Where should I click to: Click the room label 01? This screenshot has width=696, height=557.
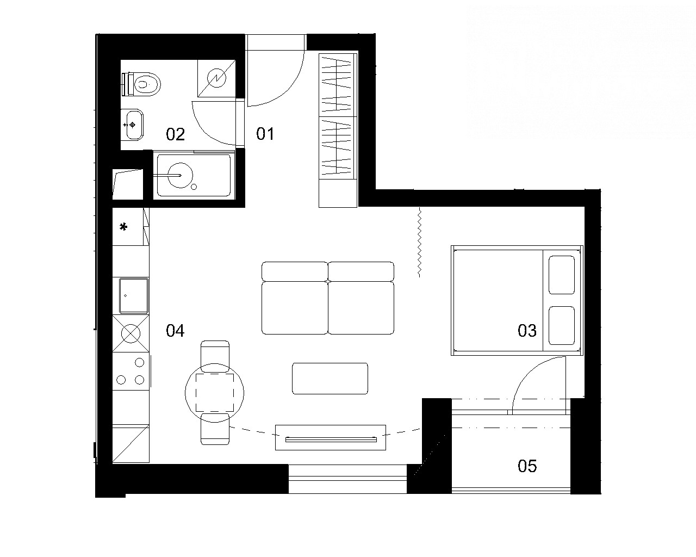(265, 134)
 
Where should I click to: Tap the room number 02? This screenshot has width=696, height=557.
(175, 134)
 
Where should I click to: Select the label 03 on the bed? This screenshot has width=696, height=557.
(527, 331)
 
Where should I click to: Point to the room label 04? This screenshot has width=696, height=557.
(175, 331)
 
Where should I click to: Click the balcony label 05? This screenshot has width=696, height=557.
(527, 466)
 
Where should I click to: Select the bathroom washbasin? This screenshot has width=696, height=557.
(132, 125)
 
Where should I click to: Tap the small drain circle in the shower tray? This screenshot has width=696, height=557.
(194, 187)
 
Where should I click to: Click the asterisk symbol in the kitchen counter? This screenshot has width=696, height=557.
(123, 227)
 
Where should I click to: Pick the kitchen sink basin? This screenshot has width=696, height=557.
(134, 295)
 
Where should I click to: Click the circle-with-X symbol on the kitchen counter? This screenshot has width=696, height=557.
(130, 333)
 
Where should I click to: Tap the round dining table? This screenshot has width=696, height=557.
(214, 393)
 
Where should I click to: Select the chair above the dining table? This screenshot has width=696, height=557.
(215, 356)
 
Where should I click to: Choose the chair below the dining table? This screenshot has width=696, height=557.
(215, 429)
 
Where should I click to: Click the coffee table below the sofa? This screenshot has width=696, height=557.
(330, 379)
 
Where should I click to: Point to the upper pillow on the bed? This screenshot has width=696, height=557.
(562, 275)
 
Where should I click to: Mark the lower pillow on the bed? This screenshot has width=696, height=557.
(562, 326)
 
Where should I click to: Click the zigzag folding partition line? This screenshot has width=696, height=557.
(419, 242)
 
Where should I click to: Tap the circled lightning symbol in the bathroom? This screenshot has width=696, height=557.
(217, 78)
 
